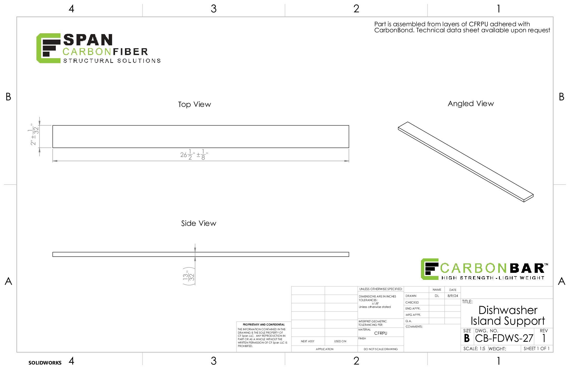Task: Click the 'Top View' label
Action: pyautogui.click(x=194, y=104)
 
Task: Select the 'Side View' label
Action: pyautogui.click(x=199, y=223)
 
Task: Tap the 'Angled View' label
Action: pyautogui.click(x=471, y=104)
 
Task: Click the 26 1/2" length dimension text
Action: pyautogui.click(x=194, y=155)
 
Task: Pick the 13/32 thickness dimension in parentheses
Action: pyautogui.click(x=189, y=276)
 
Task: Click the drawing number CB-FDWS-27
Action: pyautogui.click(x=504, y=338)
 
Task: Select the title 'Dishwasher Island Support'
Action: pyautogui.click(x=508, y=316)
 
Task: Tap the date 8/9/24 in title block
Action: pyautogui.click(x=453, y=296)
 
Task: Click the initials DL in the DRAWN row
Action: pyautogui.click(x=437, y=296)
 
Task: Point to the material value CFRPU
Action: pyautogui.click(x=381, y=333)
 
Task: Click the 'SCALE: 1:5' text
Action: pyautogui.click(x=474, y=349)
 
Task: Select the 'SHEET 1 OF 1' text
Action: pyautogui.click(x=536, y=349)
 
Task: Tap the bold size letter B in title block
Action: pyautogui.click(x=467, y=338)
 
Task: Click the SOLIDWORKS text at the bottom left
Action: pyautogui.click(x=45, y=363)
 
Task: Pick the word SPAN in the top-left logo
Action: pyautogui.click(x=88, y=40)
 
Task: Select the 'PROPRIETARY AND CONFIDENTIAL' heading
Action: pyautogui.click(x=264, y=325)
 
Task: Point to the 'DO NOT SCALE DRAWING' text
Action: pyautogui.click(x=381, y=349)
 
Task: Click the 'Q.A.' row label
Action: pyautogui.click(x=409, y=321)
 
